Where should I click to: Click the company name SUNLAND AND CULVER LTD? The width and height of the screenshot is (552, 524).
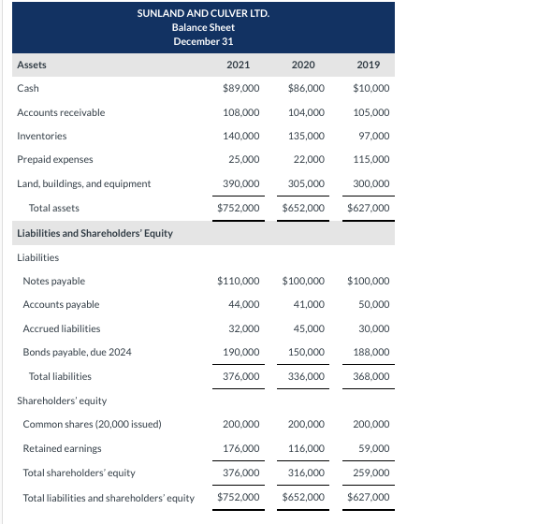(203, 13)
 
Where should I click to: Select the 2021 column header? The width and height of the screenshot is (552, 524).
(238, 65)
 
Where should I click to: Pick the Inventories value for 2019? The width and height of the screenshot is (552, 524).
(373, 136)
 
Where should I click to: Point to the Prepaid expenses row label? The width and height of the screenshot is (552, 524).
(55, 160)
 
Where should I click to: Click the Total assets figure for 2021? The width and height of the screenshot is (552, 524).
(239, 208)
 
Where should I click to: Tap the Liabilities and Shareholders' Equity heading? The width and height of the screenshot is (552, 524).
(95, 233)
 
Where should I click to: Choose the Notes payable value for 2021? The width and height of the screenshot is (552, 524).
(239, 281)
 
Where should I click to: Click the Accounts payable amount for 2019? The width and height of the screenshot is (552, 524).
(374, 305)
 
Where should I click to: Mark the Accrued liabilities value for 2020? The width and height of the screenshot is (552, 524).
(309, 328)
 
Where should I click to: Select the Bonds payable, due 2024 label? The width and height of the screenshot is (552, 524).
(77, 353)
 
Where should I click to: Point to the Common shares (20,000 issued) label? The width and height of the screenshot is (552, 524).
(92, 425)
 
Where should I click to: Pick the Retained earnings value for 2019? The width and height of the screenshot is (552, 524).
(374, 449)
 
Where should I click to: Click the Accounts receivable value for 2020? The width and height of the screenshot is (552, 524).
(306, 112)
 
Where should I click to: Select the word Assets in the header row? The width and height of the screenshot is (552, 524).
(32, 65)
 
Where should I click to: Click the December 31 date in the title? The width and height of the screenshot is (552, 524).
(203, 42)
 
